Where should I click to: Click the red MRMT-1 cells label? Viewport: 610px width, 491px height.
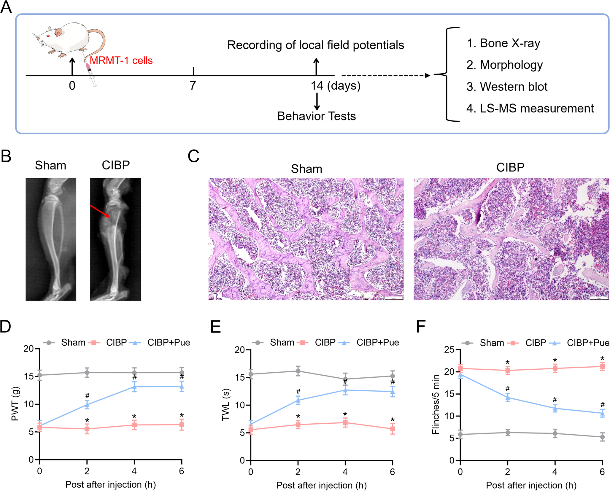[x=121, y=61]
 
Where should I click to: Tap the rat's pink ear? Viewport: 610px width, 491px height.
[x=59, y=32]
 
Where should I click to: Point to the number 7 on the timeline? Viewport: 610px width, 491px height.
[x=193, y=86]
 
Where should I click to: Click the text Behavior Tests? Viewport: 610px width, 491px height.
[x=316, y=116]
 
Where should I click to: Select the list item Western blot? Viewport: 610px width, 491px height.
[x=507, y=87]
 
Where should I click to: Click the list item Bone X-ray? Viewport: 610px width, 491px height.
[x=503, y=43]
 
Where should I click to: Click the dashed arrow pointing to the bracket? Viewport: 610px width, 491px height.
[x=386, y=76]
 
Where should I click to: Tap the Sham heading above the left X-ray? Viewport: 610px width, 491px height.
[x=50, y=165]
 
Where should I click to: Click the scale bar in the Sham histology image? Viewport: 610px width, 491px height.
[x=394, y=298]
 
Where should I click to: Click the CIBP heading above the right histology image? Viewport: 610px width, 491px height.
[x=510, y=167]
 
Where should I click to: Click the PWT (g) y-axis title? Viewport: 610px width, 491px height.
[x=15, y=404]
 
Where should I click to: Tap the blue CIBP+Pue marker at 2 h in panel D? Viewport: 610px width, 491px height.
[x=87, y=404]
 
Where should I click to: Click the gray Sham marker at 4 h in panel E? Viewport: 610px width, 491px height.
[x=345, y=379]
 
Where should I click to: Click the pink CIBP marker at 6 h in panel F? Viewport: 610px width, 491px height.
[x=602, y=366]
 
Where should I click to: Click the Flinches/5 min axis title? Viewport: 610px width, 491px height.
[x=436, y=405]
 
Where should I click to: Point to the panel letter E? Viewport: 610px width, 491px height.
[x=216, y=327]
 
